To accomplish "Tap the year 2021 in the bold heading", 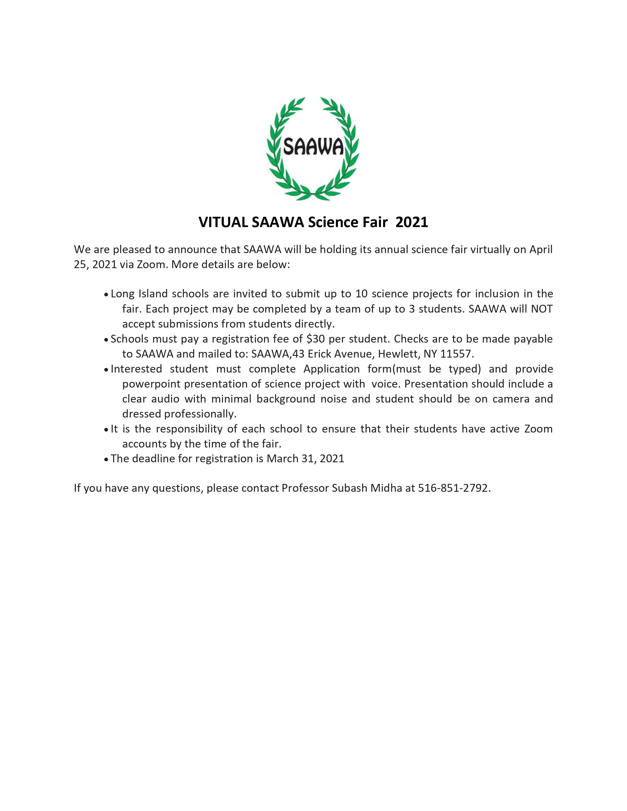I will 412,222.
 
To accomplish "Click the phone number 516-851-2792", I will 453,488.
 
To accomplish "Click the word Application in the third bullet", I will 331,369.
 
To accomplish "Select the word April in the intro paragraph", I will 541,249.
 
